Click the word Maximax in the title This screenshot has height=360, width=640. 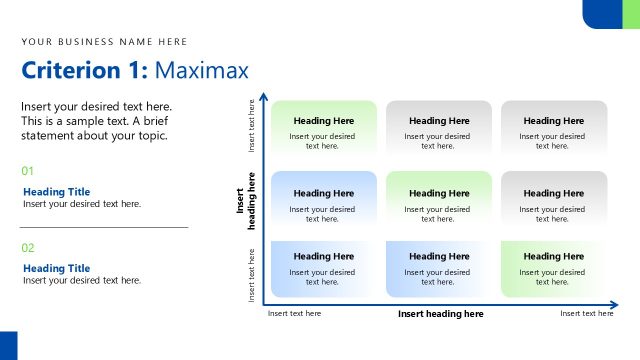tap(202, 70)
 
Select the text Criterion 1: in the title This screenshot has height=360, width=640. tap(85, 70)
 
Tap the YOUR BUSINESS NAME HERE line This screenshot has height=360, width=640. tap(104, 42)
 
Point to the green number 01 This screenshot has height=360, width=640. tap(28, 171)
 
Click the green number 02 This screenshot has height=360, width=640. tap(28, 247)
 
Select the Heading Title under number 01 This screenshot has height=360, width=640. tap(56, 192)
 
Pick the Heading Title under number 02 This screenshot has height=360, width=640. tap(56, 268)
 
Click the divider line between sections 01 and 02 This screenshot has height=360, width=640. tap(104, 227)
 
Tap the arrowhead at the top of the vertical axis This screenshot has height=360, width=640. tap(264, 98)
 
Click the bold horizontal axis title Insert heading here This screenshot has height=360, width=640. tap(440, 314)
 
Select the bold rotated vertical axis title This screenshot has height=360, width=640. tap(245, 201)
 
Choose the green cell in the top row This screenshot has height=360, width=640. tap(322, 127)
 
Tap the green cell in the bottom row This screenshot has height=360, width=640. tap(553, 268)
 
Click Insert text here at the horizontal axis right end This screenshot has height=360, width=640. tap(586, 314)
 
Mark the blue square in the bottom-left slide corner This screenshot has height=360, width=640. tap(8, 346)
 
